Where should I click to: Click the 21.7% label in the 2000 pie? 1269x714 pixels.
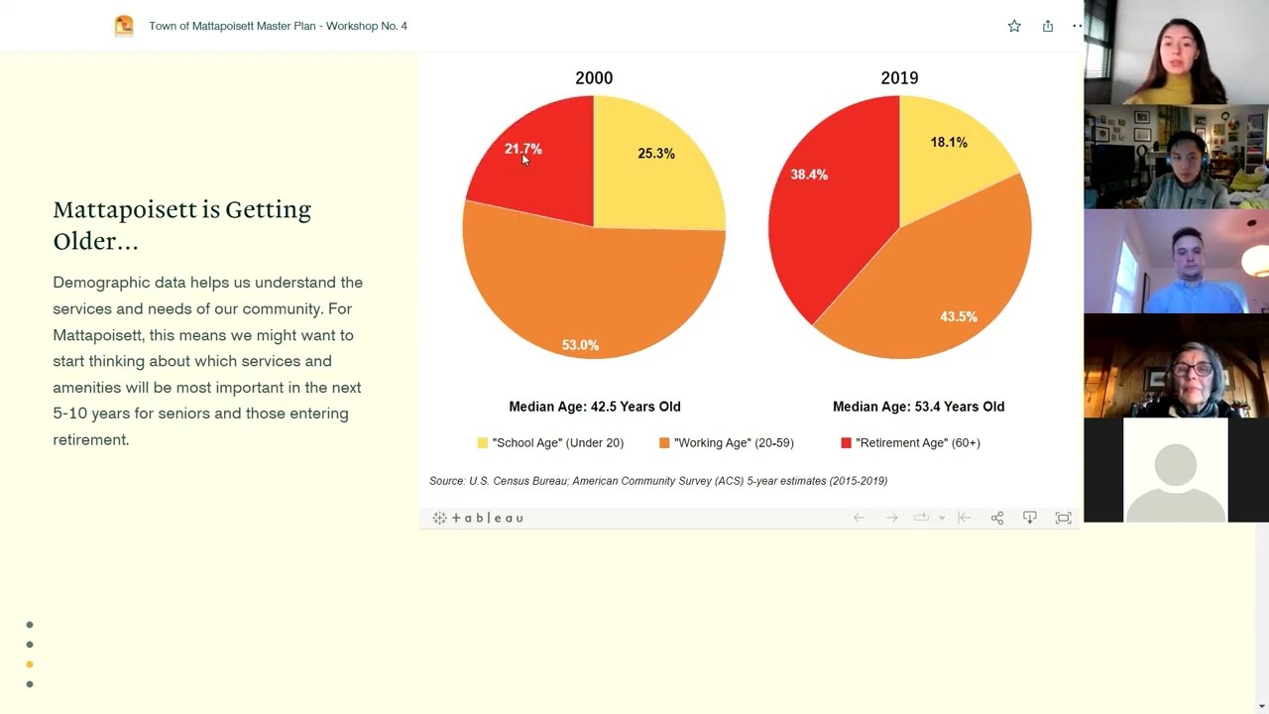(x=522, y=149)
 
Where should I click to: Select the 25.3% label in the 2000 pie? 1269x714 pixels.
(x=655, y=154)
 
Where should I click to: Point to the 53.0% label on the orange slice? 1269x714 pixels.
(x=580, y=345)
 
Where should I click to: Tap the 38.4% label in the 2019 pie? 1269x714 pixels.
(x=809, y=175)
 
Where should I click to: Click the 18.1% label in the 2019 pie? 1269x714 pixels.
(x=948, y=143)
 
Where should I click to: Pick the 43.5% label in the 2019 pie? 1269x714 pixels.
(x=959, y=317)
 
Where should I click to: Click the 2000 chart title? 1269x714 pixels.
(x=594, y=78)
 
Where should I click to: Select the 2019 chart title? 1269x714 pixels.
(x=899, y=78)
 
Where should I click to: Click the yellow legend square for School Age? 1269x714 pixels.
(x=483, y=443)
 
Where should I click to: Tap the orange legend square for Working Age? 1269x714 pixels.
(x=664, y=443)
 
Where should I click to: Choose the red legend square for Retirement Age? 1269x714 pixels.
(x=846, y=443)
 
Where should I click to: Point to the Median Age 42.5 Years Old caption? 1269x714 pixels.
(x=595, y=407)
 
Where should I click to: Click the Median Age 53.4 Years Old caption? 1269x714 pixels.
(x=918, y=407)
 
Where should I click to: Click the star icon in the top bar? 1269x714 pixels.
(x=1014, y=26)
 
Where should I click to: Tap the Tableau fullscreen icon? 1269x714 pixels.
(x=1063, y=518)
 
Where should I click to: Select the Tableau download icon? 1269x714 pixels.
(x=1030, y=518)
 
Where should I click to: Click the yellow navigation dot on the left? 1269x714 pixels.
(x=30, y=664)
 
